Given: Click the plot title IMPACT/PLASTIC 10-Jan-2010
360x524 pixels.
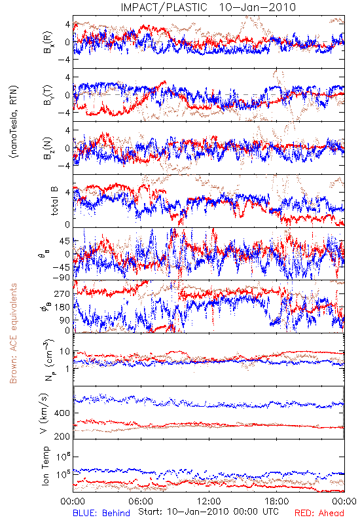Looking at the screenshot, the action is [208, 7].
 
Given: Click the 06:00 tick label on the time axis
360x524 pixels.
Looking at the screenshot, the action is [141, 501].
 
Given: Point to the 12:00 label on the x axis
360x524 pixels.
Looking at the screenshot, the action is [209, 501].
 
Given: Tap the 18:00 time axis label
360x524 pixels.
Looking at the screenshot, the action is [277, 501].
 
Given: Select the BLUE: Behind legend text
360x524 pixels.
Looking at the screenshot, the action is [101, 513].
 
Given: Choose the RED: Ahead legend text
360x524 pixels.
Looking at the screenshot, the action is [319, 513].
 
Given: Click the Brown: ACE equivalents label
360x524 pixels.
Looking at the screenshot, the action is [13, 333].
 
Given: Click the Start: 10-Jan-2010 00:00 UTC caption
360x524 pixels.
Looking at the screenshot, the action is [208, 512].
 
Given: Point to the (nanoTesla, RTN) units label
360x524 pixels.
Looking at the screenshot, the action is [14, 121].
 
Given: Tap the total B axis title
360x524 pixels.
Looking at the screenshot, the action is [54, 200].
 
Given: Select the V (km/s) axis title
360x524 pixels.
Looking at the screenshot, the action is [44, 413].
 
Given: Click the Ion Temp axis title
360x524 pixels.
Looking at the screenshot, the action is [45, 466].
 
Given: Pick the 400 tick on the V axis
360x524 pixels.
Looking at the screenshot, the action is [62, 413].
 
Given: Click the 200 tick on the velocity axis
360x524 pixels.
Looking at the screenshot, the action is [62, 436].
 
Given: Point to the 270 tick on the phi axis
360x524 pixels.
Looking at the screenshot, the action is [62, 293].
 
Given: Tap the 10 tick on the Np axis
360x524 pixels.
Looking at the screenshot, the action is [65, 352].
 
